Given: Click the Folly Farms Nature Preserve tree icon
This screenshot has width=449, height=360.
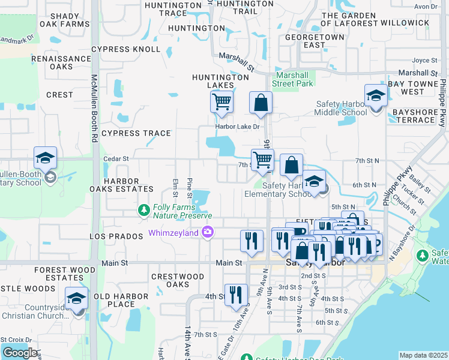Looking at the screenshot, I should click(x=143, y=210).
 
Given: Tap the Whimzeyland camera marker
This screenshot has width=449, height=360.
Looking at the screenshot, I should click(x=208, y=232).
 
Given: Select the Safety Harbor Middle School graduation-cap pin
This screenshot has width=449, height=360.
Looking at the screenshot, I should click(x=376, y=96).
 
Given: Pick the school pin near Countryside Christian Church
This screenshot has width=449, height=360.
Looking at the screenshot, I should click(x=77, y=298).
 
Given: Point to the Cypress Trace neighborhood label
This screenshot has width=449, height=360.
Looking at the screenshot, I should click(x=136, y=133).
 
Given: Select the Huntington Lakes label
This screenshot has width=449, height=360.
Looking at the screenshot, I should click(x=220, y=82).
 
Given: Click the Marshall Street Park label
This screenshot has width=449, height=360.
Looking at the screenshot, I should click(x=294, y=79).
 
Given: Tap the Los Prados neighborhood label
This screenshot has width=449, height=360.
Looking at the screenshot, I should click(x=115, y=236).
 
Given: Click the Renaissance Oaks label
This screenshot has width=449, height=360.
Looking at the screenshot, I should click(x=61, y=62).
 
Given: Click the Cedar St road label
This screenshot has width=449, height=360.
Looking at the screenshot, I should click(x=116, y=159).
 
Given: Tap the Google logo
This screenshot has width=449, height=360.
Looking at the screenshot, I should click(x=20, y=352).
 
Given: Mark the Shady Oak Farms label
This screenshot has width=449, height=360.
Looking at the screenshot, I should click(x=64, y=20).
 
